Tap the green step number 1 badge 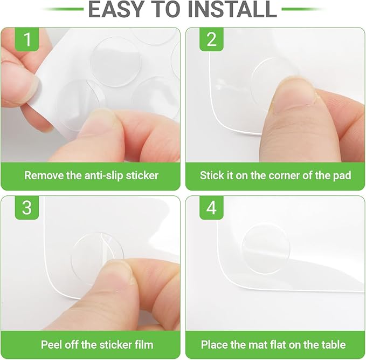pos(27,39)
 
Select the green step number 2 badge pos(211,39)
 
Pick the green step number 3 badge pos(27,208)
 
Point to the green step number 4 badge pos(211,208)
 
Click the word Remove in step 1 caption pos(44,175)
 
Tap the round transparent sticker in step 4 pos(266,249)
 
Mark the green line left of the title pos(63,9)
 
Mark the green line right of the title pos(303,9)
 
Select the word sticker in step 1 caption pos(142,175)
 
